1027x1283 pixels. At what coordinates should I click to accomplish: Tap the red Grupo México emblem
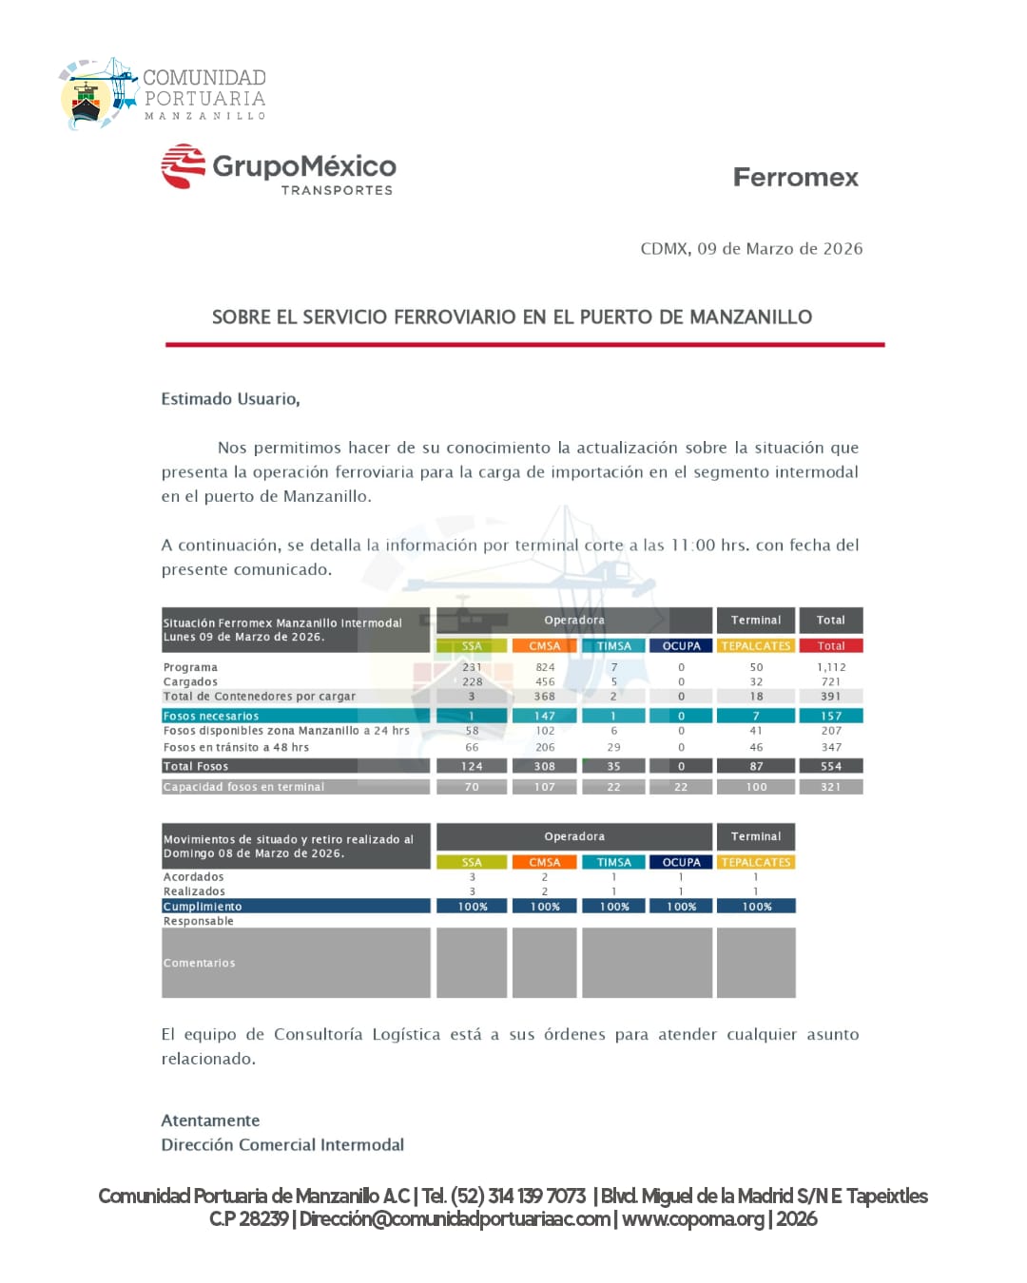click(x=184, y=166)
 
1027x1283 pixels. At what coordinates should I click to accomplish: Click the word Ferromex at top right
click(x=795, y=178)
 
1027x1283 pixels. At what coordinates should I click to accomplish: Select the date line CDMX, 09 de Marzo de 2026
click(x=751, y=249)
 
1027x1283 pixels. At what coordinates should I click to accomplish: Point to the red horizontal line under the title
click(x=524, y=344)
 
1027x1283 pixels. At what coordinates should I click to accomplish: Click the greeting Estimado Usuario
click(x=230, y=399)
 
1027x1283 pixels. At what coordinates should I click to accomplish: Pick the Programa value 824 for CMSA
click(x=545, y=667)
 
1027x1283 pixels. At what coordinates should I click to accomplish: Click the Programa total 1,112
click(x=830, y=667)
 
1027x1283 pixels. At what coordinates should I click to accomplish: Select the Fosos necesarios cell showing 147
click(x=545, y=716)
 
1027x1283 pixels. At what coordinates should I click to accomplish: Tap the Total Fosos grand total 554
click(x=830, y=766)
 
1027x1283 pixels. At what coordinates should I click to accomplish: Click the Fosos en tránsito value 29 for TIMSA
click(x=613, y=748)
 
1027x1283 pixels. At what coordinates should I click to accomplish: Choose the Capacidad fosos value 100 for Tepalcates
click(x=756, y=787)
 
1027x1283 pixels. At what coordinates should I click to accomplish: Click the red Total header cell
click(x=830, y=646)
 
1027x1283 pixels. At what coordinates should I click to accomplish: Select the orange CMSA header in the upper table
click(x=545, y=646)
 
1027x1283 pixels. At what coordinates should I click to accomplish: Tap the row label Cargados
click(x=190, y=681)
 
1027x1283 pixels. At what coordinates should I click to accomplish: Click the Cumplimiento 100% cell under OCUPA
click(x=681, y=907)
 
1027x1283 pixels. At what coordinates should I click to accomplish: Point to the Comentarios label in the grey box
click(x=199, y=963)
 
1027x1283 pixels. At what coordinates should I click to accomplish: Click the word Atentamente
click(x=210, y=1120)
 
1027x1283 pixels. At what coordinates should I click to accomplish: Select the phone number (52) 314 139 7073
click(x=518, y=1196)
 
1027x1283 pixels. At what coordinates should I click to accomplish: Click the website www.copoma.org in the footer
click(x=693, y=1219)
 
